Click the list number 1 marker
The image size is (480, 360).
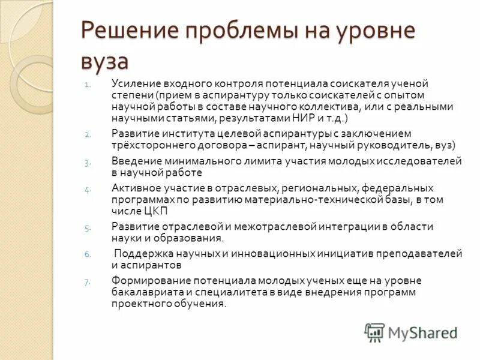coord(87,85)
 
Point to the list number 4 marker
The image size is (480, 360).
coord(87,190)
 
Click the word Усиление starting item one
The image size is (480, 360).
coord(133,83)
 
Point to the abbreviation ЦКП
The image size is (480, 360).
coord(156,211)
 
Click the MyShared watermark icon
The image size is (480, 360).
coord(375,332)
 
